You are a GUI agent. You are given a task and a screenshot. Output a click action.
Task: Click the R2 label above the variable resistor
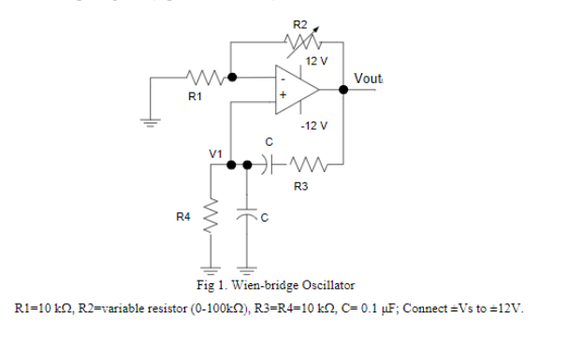point(299,23)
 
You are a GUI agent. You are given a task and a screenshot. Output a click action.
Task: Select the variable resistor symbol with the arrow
point(301,41)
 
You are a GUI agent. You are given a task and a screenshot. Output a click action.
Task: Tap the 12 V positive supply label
point(317,61)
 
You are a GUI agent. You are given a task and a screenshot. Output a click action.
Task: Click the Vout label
point(369,78)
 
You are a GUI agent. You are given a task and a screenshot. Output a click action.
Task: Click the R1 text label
point(194,95)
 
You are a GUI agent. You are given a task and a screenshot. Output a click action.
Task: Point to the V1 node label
point(216,151)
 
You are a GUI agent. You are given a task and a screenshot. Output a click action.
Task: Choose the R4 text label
point(184,217)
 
